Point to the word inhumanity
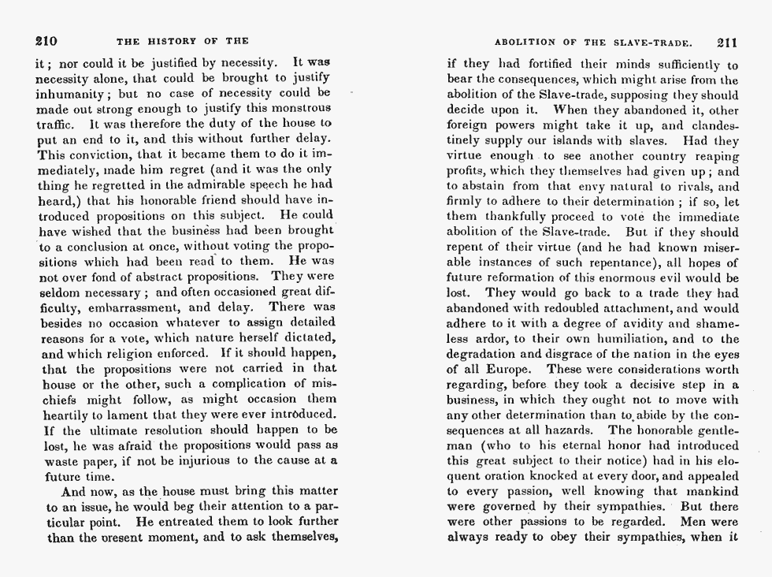(74, 93)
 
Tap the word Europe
(507, 369)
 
